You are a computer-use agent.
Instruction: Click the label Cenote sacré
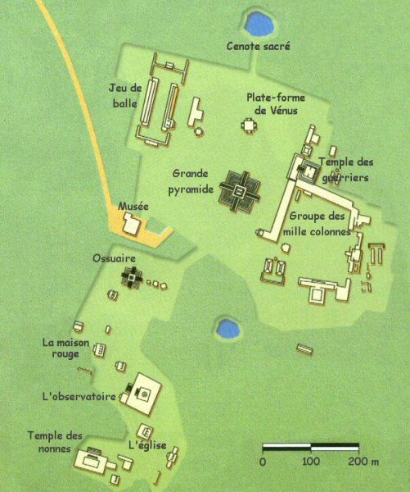(x=258, y=46)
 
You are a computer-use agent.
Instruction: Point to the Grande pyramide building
(x=240, y=191)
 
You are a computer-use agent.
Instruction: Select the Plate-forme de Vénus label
(x=276, y=104)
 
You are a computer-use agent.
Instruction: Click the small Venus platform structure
(x=250, y=125)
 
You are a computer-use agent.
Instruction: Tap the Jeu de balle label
(x=125, y=96)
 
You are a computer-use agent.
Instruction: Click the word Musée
(x=133, y=207)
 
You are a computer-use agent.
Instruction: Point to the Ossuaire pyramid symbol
(x=132, y=277)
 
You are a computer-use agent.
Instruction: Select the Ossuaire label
(x=114, y=258)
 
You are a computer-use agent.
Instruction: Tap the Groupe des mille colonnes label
(x=317, y=224)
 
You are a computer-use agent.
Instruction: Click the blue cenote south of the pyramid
(x=228, y=329)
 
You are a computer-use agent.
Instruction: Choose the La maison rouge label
(x=65, y=348)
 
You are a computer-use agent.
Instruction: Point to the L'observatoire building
(x=141, y=394)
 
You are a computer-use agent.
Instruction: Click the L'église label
(x=147, y=445)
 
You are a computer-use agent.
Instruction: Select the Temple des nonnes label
(x=55, y=442)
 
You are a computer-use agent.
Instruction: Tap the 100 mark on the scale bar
(x=311, y=461)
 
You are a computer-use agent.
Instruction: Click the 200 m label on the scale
(x=363, y=461)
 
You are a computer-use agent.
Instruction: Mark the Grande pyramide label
(x=191, y=181)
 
